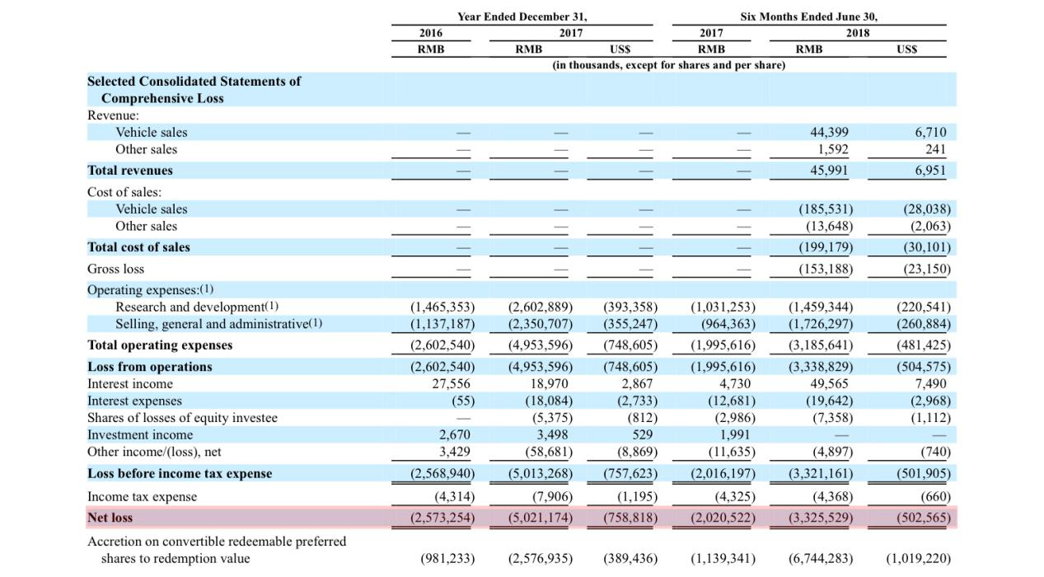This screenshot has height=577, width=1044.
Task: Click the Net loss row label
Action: [110, 518]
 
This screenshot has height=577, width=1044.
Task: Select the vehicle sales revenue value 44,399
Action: [829, 133]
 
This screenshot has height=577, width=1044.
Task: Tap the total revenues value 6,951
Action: [930, 171]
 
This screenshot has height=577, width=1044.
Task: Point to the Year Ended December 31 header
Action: [522, 16]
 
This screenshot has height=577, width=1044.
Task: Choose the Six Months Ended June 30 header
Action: [808, 16]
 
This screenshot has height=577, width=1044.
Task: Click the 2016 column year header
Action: [431, 33]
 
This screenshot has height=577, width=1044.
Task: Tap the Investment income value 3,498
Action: [552, 435]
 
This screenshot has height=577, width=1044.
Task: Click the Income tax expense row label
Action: [143, 497]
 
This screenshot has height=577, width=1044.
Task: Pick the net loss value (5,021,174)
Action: [541, 518]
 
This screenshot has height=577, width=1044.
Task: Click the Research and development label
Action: [190, 307]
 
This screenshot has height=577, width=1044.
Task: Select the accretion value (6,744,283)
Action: [821, 558]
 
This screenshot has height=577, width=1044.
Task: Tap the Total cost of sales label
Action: [139, 247]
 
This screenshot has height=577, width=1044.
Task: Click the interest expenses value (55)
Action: [463, 401]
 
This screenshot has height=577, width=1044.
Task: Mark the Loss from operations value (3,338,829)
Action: [821, 367]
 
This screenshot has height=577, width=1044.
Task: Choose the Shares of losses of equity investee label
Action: [182, 418]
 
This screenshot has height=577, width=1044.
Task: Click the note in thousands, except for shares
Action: [669, 65]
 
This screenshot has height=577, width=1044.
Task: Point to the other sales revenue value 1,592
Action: [833, 150]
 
